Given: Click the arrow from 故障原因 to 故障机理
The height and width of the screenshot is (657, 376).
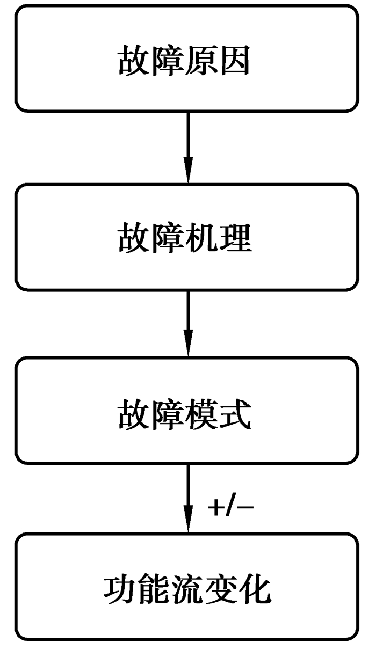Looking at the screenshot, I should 187,148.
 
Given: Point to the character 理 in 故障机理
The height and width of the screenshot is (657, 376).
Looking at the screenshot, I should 236,239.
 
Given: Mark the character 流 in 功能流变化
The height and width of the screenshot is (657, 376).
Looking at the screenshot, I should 186,591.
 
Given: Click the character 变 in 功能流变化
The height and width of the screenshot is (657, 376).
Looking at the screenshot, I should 220,591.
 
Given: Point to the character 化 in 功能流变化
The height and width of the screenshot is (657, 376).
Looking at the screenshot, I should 254,591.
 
